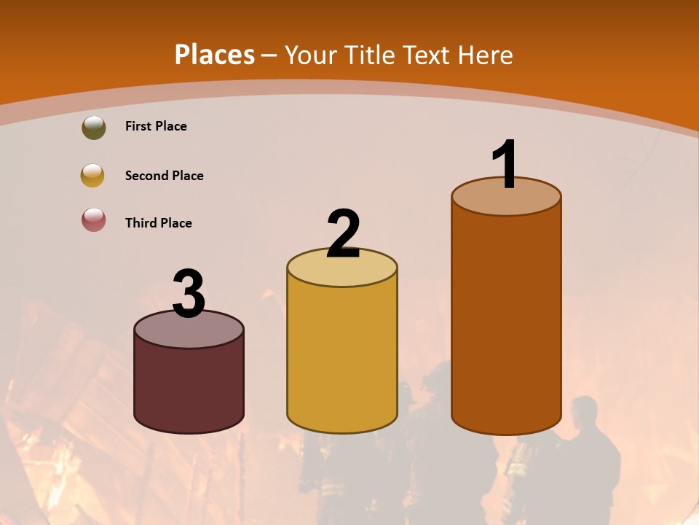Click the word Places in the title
coord(215,55)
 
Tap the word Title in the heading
coord(370,55)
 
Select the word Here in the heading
coord(485,55)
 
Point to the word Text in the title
coord(426,55)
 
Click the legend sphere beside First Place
coord(93,127)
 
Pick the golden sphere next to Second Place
coord(92,175)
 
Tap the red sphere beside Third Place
coord(93,219)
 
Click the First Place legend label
coord(156,126)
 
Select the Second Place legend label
coord(164,176)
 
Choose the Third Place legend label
coord(158,223)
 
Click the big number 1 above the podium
coord(505,164)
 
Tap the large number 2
coord(343,233)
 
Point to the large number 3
coord(189,294)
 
